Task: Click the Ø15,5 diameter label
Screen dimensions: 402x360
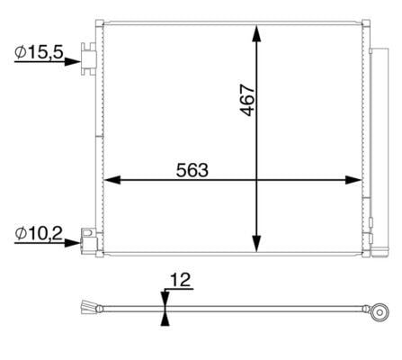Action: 39,52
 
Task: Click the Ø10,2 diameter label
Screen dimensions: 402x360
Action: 39,233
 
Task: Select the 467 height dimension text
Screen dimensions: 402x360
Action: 247,100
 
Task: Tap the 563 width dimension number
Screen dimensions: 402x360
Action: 192,170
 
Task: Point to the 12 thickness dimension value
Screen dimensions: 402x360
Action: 180,280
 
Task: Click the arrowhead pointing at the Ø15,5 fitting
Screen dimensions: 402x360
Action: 73,62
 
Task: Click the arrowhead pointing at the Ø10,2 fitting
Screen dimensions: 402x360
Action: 73,242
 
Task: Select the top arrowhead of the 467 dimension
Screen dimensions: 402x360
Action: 256,33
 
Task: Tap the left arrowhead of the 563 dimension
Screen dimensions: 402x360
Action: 112,180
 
